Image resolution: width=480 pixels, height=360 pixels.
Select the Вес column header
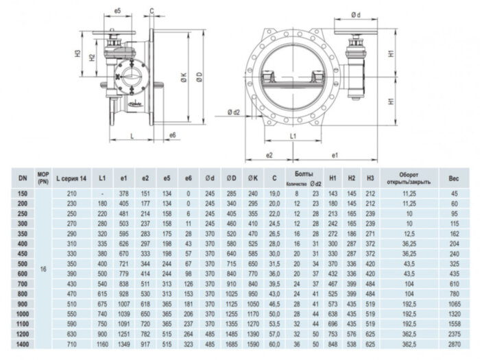click(x=454, y=178)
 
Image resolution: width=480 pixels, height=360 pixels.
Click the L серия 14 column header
click(x=71, y=178)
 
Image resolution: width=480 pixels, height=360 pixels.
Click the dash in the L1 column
click(x=102, y=194)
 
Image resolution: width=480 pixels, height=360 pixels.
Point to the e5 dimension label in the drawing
click(x=117, y=12)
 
